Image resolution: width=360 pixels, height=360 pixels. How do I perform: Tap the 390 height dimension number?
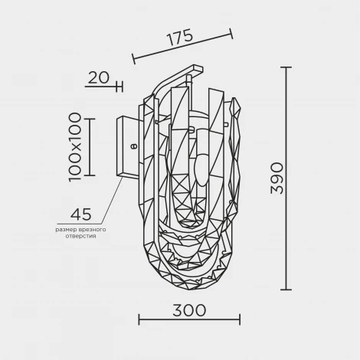pos(277,178)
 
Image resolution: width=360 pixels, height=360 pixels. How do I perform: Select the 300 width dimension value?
pos(188,309)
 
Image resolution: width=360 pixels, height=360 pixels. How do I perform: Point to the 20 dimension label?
pos(97,77)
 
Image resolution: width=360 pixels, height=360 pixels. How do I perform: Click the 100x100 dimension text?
pos(74,146)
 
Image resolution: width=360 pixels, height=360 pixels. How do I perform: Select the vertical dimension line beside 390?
pos(288,178)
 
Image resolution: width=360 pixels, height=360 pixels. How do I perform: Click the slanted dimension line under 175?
pos(182,46)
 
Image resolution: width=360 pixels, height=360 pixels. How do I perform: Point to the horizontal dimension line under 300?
pos(188,320)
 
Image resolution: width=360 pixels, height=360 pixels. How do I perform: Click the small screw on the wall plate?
pos(133,143)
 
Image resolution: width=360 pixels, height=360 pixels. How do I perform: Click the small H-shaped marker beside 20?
pos(117,85)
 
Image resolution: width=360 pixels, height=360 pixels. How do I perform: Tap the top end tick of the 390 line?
pos(288,68)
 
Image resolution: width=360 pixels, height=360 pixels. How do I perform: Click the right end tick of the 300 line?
pos(240,320)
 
